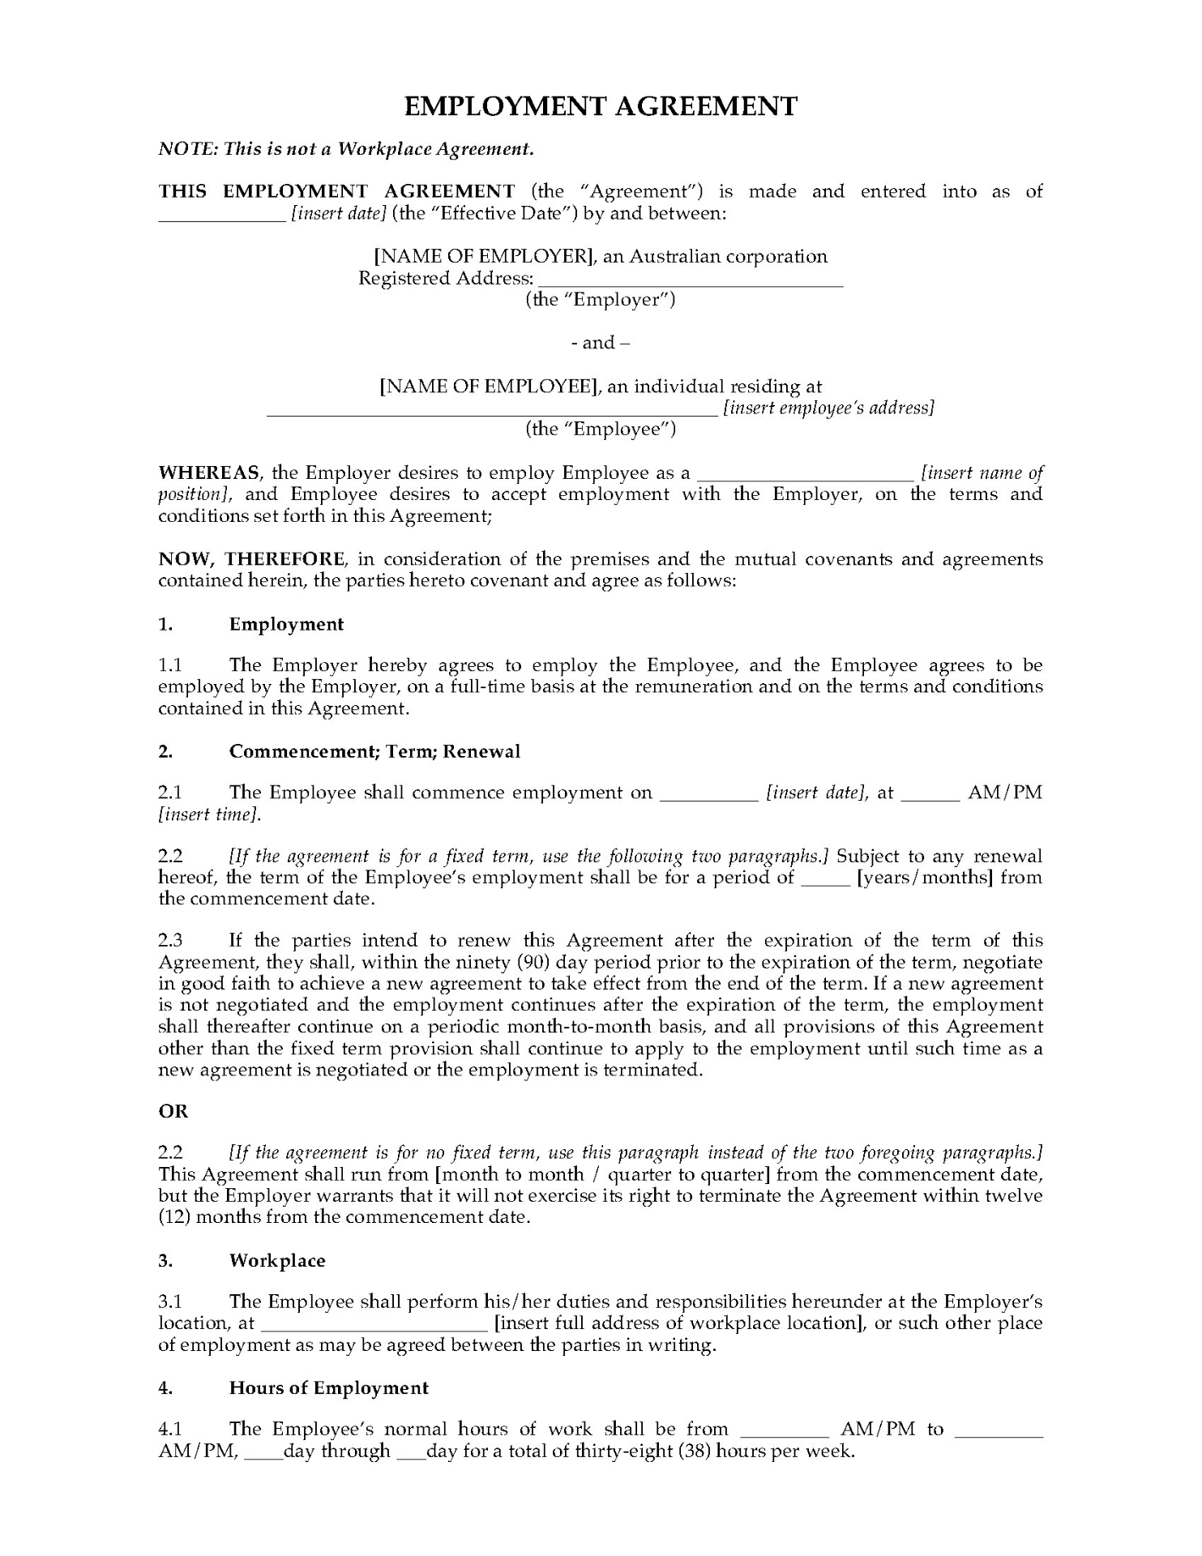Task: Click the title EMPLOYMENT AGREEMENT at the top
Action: [601, 106]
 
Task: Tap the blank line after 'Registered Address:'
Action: [691, 280]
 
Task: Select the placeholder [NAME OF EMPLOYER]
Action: [484, 257]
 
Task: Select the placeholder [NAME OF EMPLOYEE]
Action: [489, 387]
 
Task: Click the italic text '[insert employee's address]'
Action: [828, 408]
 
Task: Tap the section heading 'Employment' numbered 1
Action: [286, 624]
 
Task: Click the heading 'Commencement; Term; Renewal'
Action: [374, 751]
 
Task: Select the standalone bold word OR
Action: [173, 1112]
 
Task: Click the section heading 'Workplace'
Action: [277, 1260]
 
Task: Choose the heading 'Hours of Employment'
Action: [328, 1387]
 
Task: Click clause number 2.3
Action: [170, 941]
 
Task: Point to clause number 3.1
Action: [170, 1302]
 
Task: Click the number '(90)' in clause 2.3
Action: [552, 962]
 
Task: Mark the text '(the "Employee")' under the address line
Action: [601, 430]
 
